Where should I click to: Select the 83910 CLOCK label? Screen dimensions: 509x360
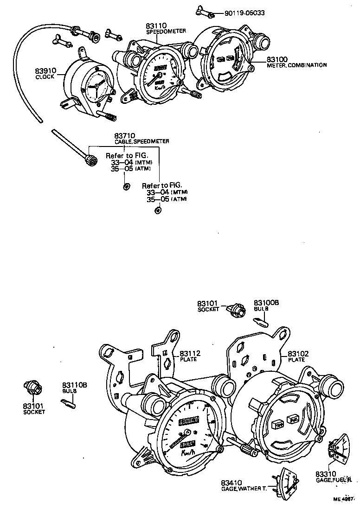point(45,73)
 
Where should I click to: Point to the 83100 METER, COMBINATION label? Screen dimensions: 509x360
point(296,63)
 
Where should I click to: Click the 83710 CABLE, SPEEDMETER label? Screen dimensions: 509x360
point(141,138)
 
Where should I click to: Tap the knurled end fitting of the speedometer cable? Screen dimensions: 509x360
point(92,160)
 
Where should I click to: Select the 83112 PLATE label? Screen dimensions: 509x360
point(188,356)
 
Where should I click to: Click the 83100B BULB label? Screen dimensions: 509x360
point(266,305)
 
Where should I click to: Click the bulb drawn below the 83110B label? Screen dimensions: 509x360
point(69,402)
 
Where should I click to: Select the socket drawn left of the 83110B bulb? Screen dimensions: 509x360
point(33,387)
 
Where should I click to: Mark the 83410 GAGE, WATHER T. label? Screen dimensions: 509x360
point(244,485)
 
